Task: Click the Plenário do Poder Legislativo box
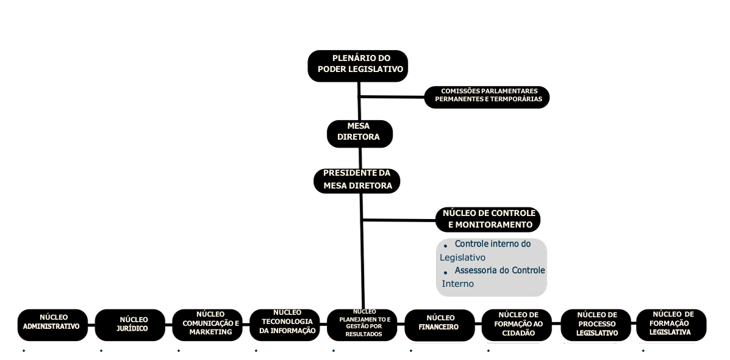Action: coord(357,65)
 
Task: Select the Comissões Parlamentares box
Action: coord(487,97)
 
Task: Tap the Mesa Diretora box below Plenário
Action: coord(359,132)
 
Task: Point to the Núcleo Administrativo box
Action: coord(52,325)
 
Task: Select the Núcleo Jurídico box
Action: coord(130,325)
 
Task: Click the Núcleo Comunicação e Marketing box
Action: coord(207,325)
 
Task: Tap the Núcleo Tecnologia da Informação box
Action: coord(284,325)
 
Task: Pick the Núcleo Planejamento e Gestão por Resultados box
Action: coord(362,325)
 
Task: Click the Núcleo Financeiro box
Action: coord(439,325)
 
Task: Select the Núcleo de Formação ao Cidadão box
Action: coord(517,325)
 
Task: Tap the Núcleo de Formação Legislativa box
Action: coord(671,325)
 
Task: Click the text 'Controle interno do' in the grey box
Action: coord(492,244)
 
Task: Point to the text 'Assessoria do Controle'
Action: coord(499,270)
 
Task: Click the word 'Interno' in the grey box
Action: coord(458,284)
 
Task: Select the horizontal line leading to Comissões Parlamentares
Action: coord(392,96)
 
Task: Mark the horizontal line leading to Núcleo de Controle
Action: coord(399,220)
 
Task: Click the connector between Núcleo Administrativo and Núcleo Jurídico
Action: coord(91,325)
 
